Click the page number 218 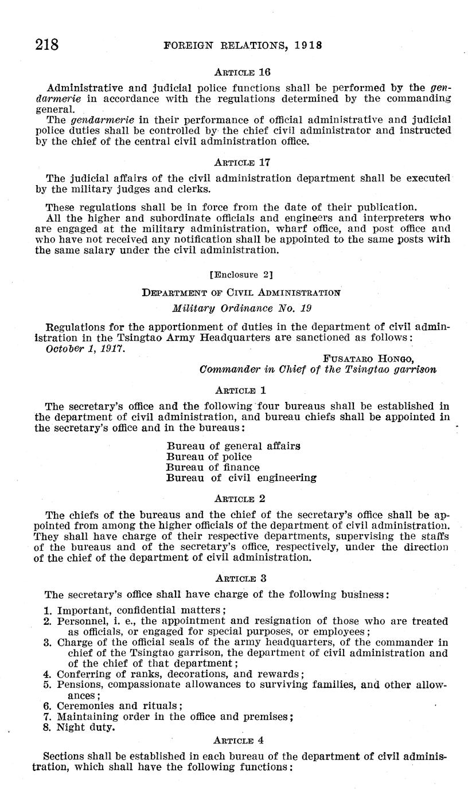pos(47,44)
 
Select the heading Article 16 pos(241,72)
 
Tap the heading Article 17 pos(241,162)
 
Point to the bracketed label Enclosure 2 pos(241,275)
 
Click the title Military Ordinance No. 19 pos(241,308)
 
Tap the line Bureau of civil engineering pos(241,477)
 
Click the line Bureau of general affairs pos(233,446)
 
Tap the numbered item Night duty pos(85,727)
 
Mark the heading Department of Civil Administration pos(241,292)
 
